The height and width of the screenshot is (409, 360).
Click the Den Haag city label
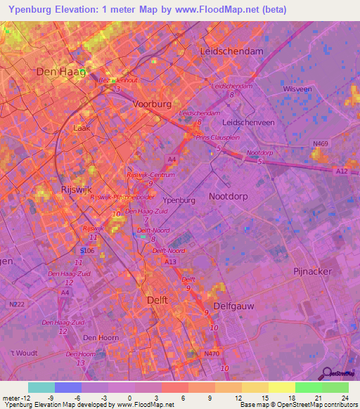pyautogui.click(x=61, y=72)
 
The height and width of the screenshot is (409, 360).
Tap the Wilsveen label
pyautogui.click(x=297, y=90)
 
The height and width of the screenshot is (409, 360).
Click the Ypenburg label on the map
pyautogui.click(x=179, y=200)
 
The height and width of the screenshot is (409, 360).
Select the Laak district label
pyautogui.click(x=82, y=129)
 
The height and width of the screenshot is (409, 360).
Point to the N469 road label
pyautogui.click(x=320, y=144)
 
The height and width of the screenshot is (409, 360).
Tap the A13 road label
pyautogui.click(x=171, y=261)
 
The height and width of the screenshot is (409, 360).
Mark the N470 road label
pyautogui.click(x=212, y=353)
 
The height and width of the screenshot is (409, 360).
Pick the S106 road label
pyautogui.click(x=86, y=250)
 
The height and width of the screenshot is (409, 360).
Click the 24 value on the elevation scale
pyautogui.click(x=344, y=397)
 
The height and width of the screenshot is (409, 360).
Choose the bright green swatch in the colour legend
pyautogui.click(x=308, y=387)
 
